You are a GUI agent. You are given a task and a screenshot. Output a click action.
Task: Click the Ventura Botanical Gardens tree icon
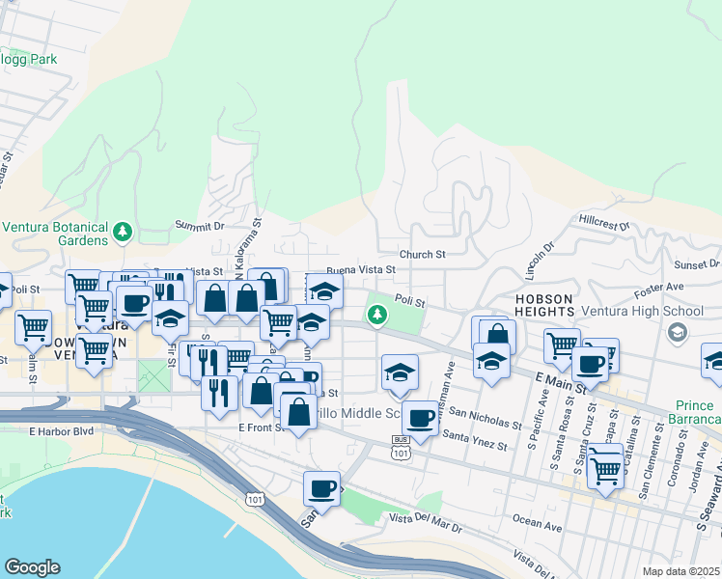pyautogui.click(x=122, y=232)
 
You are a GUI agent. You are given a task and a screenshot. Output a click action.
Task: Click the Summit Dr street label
pyautogui.click(x=199, y=225)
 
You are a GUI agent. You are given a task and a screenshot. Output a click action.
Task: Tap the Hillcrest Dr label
pyautogui.click(x=604, y=223)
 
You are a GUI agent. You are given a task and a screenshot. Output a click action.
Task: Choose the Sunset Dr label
pyautogui.click(x=696, y=263)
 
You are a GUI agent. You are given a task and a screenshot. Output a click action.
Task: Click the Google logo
pyautogui.click(x=32, y=567)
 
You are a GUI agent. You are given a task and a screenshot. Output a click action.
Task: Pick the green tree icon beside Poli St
pyautogui.click(x=376, y=315)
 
